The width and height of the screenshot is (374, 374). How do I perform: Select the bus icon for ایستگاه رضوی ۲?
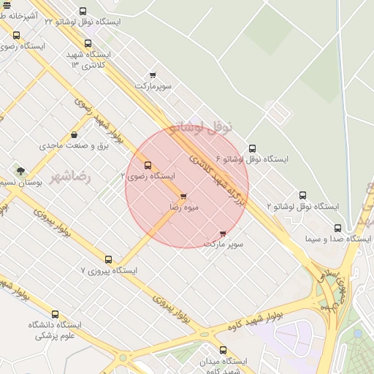(x=148, y=165)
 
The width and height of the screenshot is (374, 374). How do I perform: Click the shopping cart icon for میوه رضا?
(x=182, y=196)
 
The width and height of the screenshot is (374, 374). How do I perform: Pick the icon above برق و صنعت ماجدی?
(x=75, y=134)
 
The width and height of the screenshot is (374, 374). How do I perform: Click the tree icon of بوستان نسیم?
(x=20, y=171)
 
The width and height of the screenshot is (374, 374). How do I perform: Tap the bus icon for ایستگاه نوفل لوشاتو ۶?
(x=252, y=148)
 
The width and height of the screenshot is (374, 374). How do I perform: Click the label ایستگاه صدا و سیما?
(x=338, y=239)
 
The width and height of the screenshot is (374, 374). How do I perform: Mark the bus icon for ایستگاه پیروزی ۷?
(x=108, y=259)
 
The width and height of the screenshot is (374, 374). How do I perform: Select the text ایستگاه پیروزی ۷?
(x=109, y=271)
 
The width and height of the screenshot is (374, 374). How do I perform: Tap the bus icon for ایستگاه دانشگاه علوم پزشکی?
(x=55, y=314)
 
